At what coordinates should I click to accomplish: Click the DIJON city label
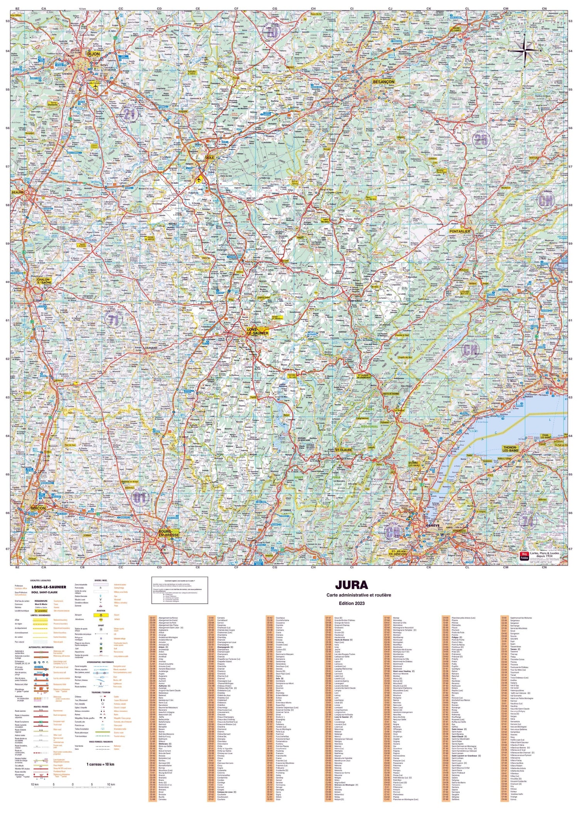(x=93, y=54)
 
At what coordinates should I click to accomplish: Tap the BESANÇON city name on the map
(x=383, y=82)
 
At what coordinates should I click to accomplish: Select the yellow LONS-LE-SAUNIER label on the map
(x=257, y=331)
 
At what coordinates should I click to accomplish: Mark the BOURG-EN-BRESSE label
(x=168, y=533)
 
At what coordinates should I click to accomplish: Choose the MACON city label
(x=38, y=508)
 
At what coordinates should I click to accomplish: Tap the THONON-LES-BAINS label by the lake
(x=515, y=449)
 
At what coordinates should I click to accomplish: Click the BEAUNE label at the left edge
(x=17, y=192)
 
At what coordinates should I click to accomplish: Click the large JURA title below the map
(x=351, y=585)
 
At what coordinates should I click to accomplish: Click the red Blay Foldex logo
(x=524, y=556)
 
